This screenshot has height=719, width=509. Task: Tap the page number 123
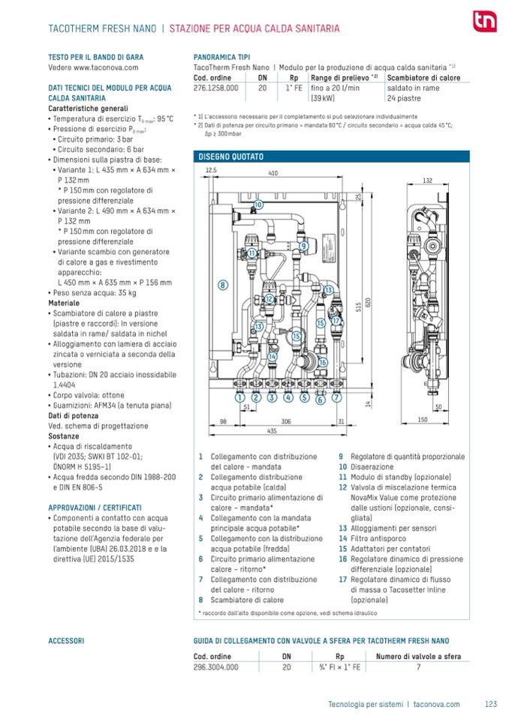pyautogui.click(x=492, y=703)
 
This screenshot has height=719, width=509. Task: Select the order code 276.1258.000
pyautogui.click(x=216, y=88)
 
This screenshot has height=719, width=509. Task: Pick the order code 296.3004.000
pyautogui.click(x=216, y=666)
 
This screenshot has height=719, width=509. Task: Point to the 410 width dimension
pyautogui.click(x=273, y=173)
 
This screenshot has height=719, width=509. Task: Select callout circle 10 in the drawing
pyautogui.click(x=258, y=204)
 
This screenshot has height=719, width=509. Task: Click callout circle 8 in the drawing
pyautogui.click(x=223, y=284)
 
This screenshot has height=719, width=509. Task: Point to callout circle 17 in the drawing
pyautogui.click(x=336, y=321)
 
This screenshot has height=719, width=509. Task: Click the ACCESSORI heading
pyautogui.click(x=65, y=642)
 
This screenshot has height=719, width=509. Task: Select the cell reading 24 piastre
pyautogui.click(x=404, y=98)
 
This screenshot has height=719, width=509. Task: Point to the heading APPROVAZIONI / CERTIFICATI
pyautogui.click(x=95, y=508)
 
